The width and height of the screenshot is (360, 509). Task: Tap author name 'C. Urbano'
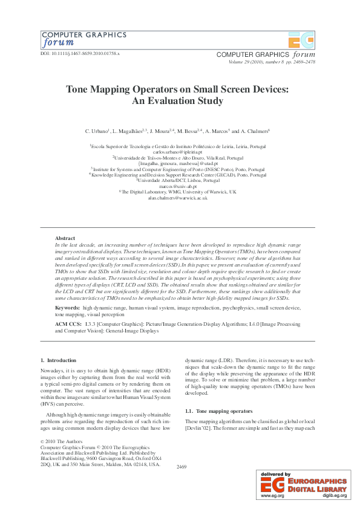pos(97,131)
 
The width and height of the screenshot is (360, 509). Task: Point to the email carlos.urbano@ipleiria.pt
pos(180,152)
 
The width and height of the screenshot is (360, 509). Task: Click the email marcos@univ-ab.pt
pos(180,186)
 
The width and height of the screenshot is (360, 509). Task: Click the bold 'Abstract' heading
pos(65,238)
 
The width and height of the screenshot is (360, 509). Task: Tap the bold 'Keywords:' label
pos(67,308)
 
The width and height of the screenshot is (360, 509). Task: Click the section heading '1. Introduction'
pos(58,360)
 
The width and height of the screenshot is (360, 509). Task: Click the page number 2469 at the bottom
pos(181,467)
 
